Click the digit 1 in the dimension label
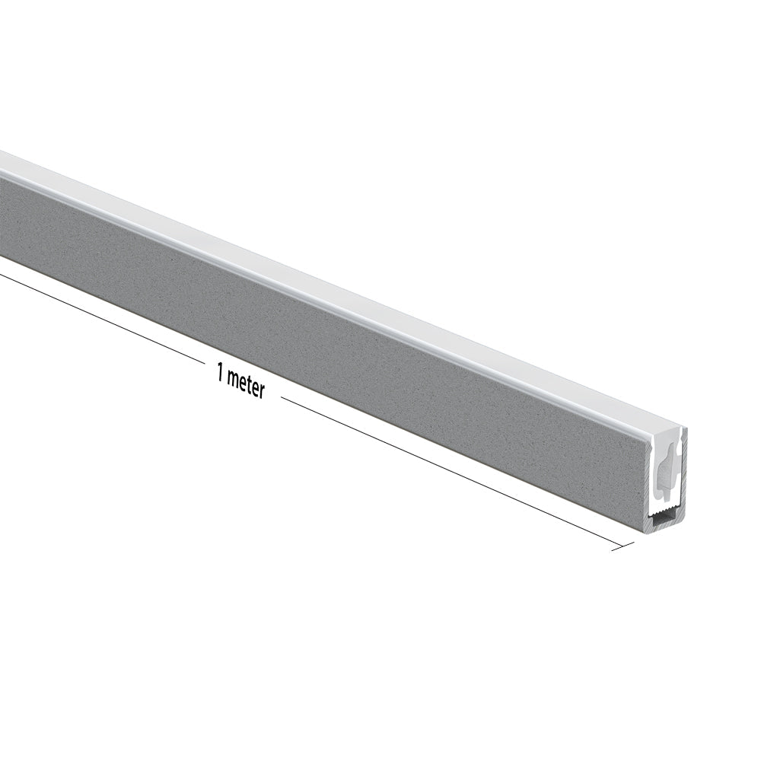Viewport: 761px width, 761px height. click(x=220, y=374)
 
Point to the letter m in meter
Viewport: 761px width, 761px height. click(x=232, y=378)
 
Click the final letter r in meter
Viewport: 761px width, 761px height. click(x=261, y=391)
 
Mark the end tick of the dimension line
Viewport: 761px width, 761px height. click(x=622, y=545)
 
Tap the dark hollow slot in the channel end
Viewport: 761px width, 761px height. click(x=664, y=521)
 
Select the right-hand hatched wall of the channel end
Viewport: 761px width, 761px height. click(x=683, y=487)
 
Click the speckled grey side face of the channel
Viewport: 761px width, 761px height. click(x=304, y=304)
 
